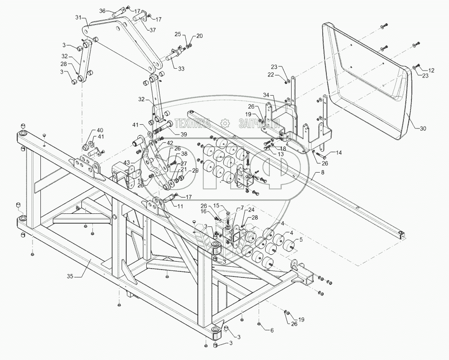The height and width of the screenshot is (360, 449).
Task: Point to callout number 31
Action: pos(78,18)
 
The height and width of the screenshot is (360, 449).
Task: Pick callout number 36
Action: pos(103,10)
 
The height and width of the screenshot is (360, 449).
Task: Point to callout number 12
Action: pos(431,70)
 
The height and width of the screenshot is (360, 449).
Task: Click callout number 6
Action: pos(272,329)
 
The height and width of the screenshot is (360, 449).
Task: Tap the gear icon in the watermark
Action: pos(225,123)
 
